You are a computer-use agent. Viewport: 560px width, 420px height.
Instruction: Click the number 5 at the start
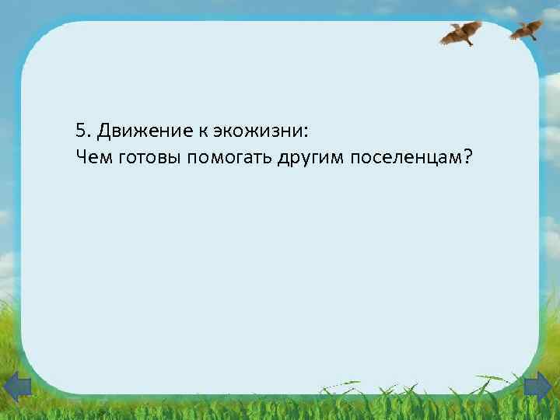[x=82, y=129]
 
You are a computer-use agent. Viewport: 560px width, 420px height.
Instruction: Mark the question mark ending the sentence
[x=467, y=157]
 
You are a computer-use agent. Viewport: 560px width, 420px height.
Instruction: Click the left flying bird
[x=462, y=33]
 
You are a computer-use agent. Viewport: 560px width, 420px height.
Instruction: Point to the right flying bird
[x=527, y=29]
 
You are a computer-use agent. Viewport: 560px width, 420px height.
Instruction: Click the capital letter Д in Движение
[x=103, y=129]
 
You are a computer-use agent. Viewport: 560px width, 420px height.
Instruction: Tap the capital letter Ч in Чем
[x=82, y=158]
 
